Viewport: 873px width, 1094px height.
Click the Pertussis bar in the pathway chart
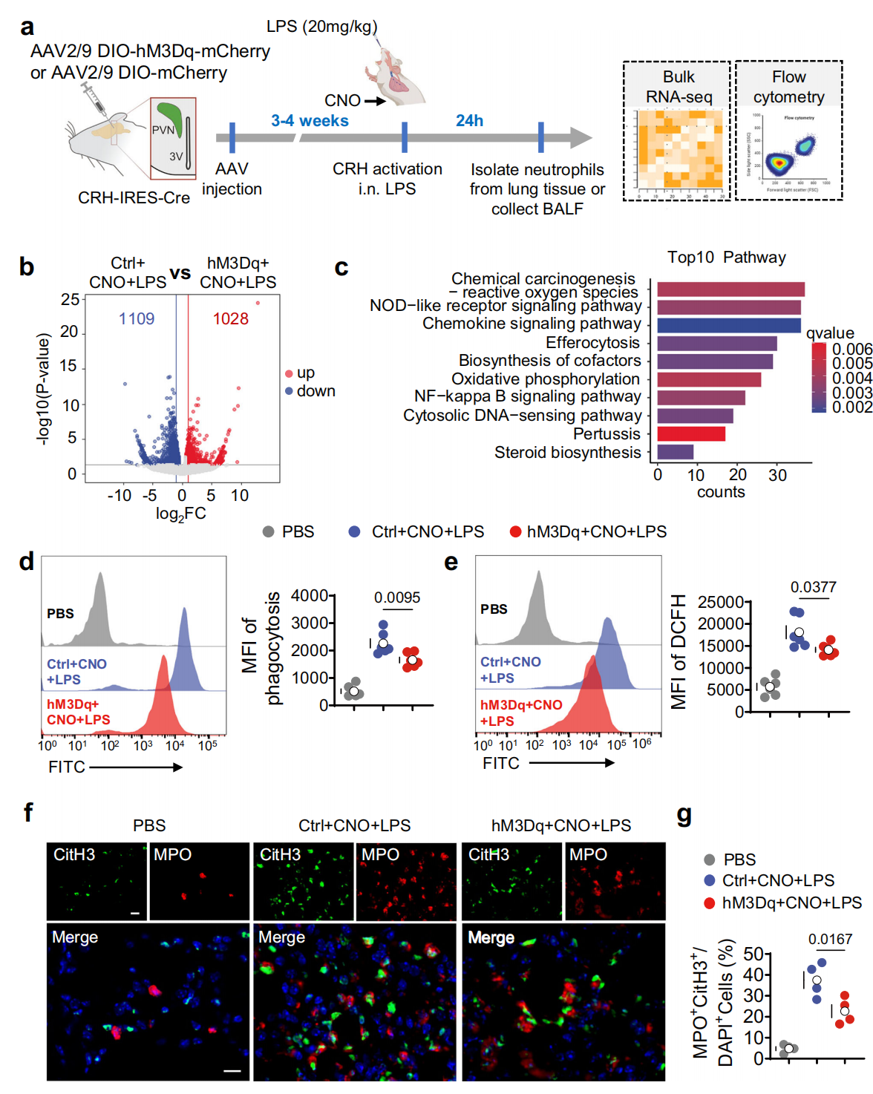click(x=690, y=433)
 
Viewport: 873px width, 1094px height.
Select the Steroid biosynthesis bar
click(x=675, y=452)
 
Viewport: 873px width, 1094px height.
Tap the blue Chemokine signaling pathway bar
click(x=728, y=325)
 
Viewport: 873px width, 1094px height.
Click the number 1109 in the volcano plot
click(x=137, y=319)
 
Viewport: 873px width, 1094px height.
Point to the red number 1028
click(x=230, y=319)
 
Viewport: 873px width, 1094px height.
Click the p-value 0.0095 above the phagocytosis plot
click(x=396, y=597)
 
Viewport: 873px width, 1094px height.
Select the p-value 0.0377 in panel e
click(x=813, y=587)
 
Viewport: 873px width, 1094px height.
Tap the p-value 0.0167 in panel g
click(x=830, y=939)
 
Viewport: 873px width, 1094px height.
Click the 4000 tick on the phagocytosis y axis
click(x=310, y=595)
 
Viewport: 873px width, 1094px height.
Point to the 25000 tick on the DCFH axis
click(x=720, y=602)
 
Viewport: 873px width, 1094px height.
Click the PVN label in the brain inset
click(x=163, y=130)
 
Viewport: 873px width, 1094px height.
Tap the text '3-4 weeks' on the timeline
click(x=310, y=121)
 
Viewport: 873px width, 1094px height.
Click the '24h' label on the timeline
click(x=469, y=121)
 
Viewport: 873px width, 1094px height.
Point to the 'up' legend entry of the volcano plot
click(x=305, y=373)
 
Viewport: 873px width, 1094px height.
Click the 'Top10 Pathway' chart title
click(x=726, y=258)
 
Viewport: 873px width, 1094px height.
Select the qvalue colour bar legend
click(x=818, y=377)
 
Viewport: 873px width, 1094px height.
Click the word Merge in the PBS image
click(x=75, y=937)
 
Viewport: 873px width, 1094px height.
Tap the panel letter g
click(x=684, y=815)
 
